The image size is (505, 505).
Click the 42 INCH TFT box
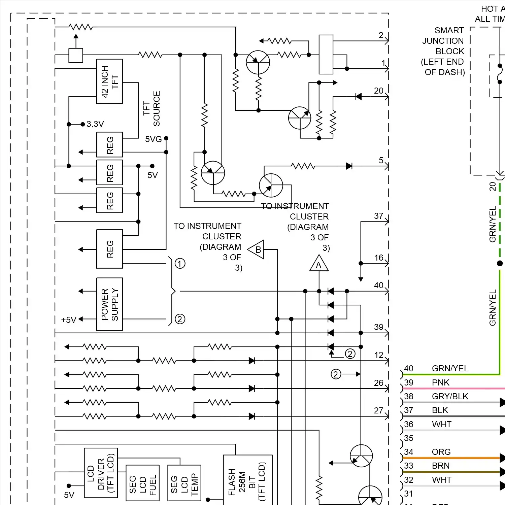109,81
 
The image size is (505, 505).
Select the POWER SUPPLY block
109,304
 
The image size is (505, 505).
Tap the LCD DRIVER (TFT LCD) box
101,473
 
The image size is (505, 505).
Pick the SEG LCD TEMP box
184,483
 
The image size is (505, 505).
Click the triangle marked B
257,250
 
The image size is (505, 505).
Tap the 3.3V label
95,124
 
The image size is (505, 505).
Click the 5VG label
153,139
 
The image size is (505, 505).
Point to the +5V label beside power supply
69,320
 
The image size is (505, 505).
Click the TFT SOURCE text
151,108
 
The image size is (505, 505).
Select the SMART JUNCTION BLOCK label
443,51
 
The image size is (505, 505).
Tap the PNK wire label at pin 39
440,382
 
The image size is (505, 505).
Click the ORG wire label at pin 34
441,452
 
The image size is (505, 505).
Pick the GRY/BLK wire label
450,396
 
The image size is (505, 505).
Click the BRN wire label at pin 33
440,466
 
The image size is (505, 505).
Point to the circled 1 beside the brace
180,263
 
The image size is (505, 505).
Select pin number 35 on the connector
408,438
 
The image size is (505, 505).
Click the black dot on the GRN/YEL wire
500,263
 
